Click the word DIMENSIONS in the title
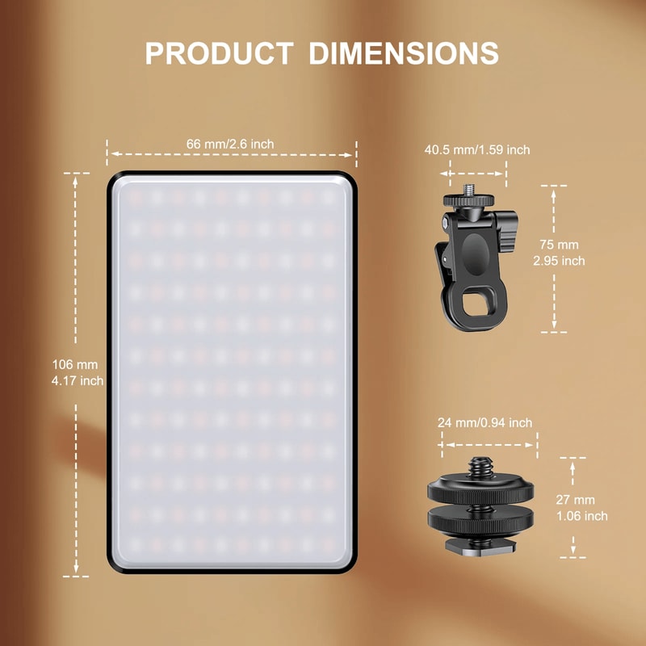[404, 52]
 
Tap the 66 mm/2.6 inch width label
[230, 144]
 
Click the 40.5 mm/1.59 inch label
[477, 149]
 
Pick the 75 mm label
[559, 245]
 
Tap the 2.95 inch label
[559, 261]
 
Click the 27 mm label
[576, 500]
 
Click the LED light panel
[232, 371]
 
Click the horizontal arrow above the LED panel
[232, 153]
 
